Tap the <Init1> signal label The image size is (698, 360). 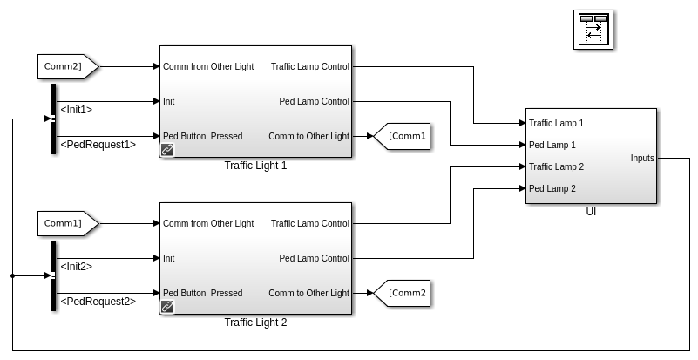point(76,110)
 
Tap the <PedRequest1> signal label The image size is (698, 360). point(97,145)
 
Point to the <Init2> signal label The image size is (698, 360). point(76,267)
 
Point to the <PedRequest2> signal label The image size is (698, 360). point(97,302)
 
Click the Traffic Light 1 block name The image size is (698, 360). point(255,166)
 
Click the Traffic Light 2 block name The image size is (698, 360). point(255,323)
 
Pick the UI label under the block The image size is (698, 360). point(591,212)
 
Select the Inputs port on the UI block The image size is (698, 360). point(643,158)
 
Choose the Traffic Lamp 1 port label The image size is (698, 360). point(557,123)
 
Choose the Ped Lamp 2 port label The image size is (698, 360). point(552,188)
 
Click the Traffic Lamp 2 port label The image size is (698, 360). point(557,166)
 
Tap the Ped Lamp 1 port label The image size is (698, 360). point(552,145)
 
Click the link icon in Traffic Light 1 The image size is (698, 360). point(167,150)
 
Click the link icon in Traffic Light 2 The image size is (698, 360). point(167,307)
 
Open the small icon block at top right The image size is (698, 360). point(593,31)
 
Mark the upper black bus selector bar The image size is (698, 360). point(53,119)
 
